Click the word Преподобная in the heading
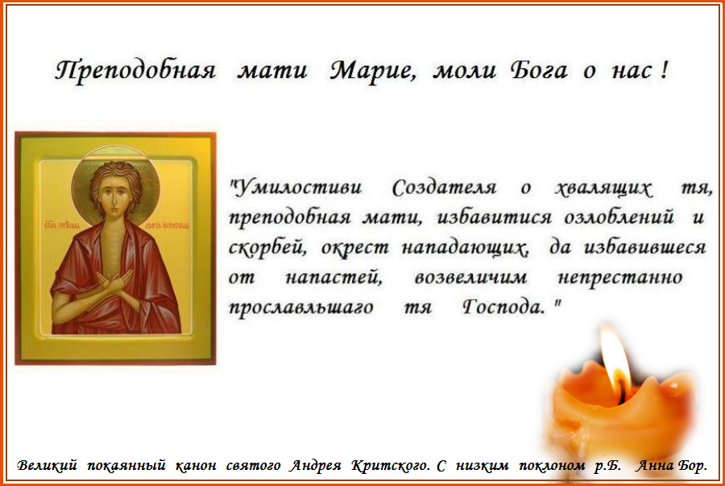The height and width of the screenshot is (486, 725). (x=135, y=71)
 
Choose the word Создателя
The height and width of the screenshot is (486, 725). (x=444, y=189)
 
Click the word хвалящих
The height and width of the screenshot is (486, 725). (x=603, y=189)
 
